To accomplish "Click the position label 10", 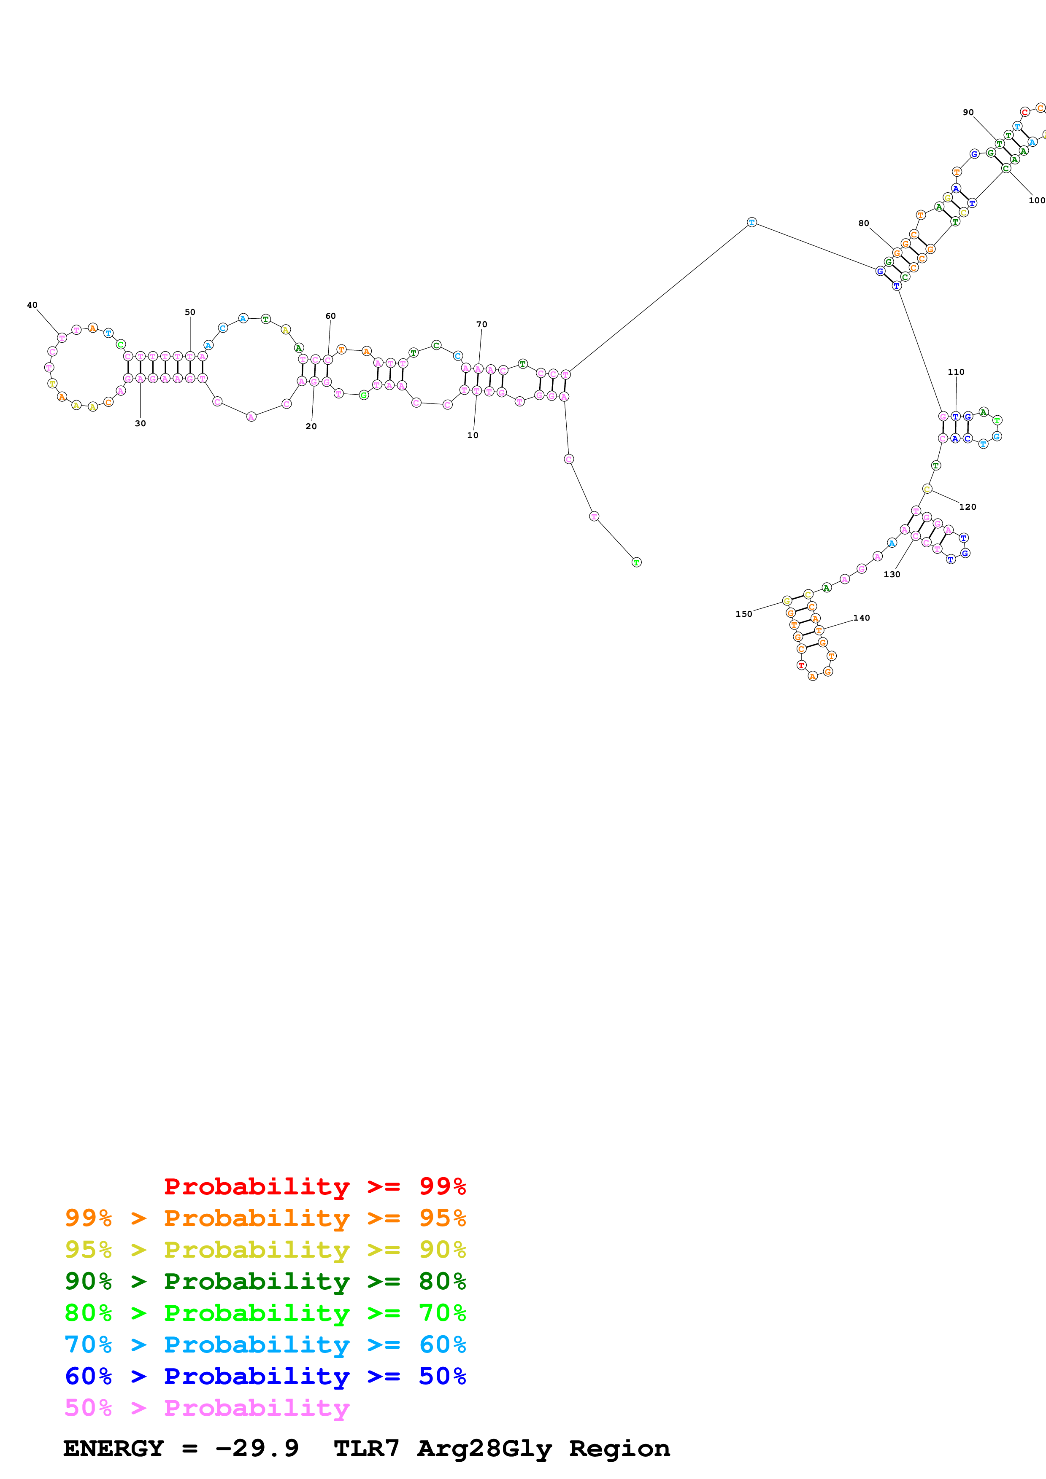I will (473, 436).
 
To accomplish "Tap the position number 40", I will (32, 305).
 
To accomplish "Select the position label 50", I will (190, 312).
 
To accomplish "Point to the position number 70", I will (481, 325).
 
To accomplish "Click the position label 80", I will (864, 223).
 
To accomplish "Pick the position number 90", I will (968, 113).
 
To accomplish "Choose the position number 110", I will (956, 372).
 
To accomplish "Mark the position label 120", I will (968, 507).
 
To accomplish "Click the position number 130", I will (891, 575).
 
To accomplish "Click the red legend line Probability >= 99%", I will (314, 1186).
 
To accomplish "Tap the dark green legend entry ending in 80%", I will (265, 1281).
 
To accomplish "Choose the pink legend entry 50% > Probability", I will (206, 1408).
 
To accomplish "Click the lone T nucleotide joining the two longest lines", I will (751, 222).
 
